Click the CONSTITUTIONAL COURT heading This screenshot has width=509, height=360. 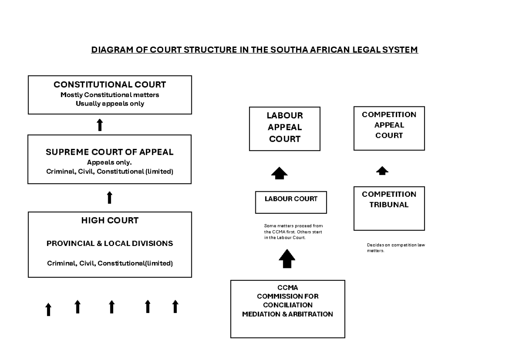click(109, 84)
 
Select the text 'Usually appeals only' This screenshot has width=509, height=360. click(109, 104)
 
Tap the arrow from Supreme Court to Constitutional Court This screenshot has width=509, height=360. click(100, 125)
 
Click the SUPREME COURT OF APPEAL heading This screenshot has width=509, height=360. click(109, 152)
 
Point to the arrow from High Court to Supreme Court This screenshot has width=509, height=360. click(109, 198)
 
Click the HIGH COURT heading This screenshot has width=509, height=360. click(109, 220)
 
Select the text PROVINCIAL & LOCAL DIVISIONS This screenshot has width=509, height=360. click(109, 244)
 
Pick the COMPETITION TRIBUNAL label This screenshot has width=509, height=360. click(389, 200)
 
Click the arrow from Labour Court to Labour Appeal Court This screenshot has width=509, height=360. click(279, 173)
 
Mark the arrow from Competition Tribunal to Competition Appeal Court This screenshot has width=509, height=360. click(382, 171)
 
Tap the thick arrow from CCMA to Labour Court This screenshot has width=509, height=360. click(287, 258)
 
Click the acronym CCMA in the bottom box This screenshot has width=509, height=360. click(288, 287)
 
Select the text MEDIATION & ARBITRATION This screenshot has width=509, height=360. click(288, 314)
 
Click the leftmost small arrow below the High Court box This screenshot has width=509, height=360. click(48, 309)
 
